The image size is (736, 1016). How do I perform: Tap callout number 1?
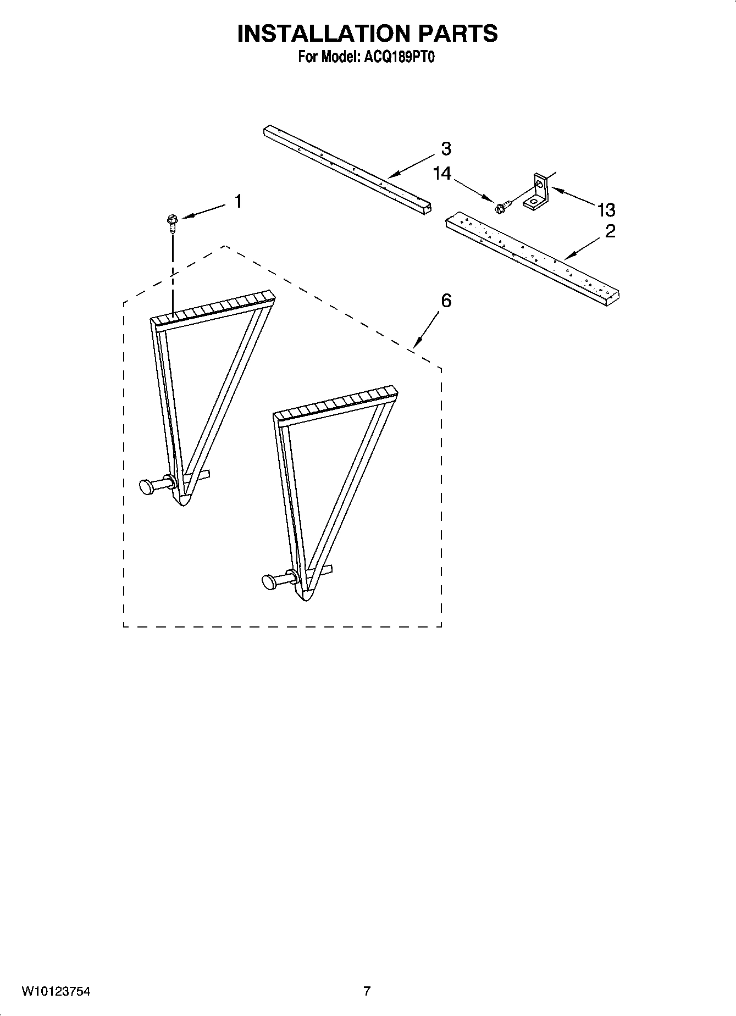click(238, 202)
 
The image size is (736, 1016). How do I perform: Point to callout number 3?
click(446, 148)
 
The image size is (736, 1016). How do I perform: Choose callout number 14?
click(442, 174)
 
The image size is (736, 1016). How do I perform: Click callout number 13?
click(606, 209)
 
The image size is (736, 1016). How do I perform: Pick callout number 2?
click(610, 231)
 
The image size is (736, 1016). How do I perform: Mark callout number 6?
click(446, 301)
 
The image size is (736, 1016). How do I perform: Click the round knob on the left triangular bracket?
click(147, 486)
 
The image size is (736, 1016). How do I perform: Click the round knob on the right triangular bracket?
click(269, 582)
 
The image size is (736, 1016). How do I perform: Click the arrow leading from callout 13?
click(572, 196)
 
